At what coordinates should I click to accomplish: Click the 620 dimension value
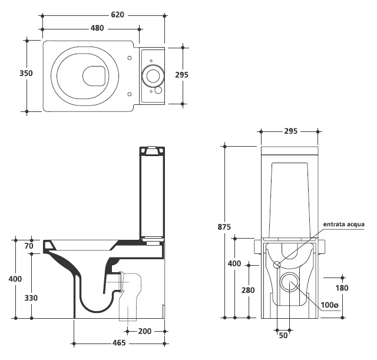(117, 15)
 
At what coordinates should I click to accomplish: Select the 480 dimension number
(97, 28)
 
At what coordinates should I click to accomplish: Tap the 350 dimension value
(26, 73)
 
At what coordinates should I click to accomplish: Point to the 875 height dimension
(224, 227)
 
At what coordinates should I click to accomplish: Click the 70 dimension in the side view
(29, 246)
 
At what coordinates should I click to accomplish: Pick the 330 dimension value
(31, 298)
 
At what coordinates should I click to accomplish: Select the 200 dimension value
(145, 331)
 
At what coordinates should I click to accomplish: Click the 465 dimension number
(119, 343)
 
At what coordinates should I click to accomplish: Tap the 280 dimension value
(248, 290)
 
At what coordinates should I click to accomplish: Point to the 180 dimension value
(342, 288)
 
